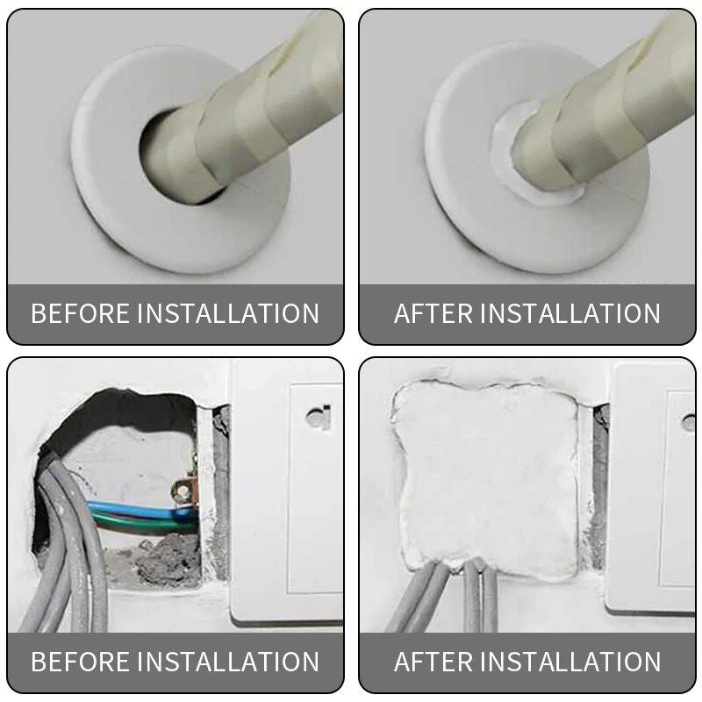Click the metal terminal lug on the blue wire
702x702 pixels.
coord(183,491)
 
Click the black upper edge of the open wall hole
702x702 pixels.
coord(123,412)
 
